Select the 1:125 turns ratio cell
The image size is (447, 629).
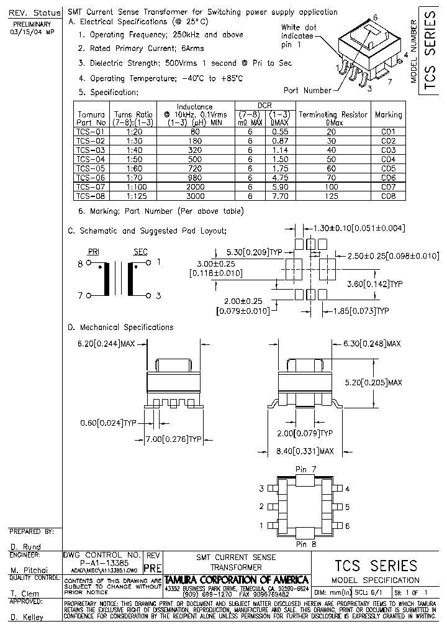(x=133, y=196)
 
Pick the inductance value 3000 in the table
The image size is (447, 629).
(x=195, y=196)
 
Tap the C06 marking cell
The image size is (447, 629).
(x=388, y=177)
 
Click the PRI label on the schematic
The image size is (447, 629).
(x=93, y=251)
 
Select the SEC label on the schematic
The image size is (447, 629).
(x=140, y=251)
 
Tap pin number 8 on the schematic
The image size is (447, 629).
(x=79, y=264)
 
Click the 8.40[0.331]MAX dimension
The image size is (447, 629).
(x=304, y=451)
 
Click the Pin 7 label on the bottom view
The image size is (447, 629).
(x=305, y=468)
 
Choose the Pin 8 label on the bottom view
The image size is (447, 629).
(x=305, y=544)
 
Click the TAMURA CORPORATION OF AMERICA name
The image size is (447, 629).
(x=236, y=579)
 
